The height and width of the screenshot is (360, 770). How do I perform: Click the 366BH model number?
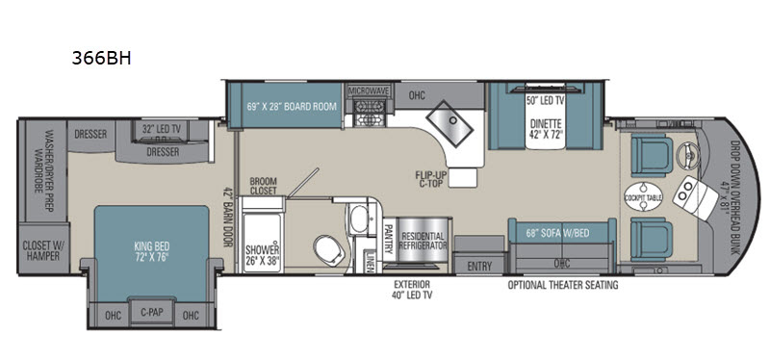[x=102, y=59]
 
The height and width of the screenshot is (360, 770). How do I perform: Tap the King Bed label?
[x=152, y=251]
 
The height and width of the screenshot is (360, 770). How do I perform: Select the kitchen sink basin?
[x=449, y=123]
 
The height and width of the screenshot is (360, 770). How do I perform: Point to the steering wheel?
[x=686, y=155]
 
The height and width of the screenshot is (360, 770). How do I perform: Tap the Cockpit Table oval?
[x=643, y=197]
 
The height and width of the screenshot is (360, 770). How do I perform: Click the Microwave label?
[x=369, y=91]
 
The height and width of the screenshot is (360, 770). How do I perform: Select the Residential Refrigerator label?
[x=423, y=242]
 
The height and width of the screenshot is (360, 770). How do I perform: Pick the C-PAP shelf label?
[x=152, y=311]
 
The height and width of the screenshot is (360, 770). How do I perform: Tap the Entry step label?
[x=479, y=267]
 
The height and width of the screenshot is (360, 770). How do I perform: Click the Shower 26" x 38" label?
[x=264, y=255]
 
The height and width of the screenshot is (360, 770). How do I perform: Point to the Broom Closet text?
[x=263, y=185]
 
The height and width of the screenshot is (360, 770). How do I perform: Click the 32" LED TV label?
[x=162, y=130]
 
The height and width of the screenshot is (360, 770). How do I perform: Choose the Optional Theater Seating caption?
[x=563, y=285]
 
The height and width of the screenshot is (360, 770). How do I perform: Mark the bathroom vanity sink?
[x=360, y=219]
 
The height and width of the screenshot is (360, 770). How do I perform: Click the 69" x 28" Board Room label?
[x=285, y=106]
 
